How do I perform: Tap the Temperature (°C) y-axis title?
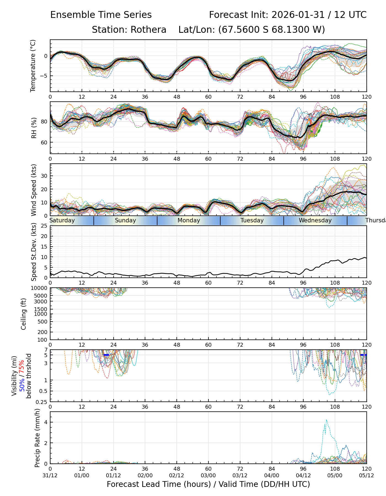[33, 66]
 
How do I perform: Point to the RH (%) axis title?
[34, 128]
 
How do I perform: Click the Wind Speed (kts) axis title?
[34, 190]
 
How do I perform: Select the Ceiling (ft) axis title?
[24, 314]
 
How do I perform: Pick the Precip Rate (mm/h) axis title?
[37, 438]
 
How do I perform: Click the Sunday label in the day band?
[125, 220]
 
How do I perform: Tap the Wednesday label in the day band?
[315, 220]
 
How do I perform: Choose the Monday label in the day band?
[189, 220]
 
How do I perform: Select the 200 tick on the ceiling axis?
[44, 332]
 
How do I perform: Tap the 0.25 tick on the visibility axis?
[43, 401]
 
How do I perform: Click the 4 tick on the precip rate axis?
[46, 422]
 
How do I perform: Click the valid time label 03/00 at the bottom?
[208, 475]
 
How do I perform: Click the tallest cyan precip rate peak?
[326, 420]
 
